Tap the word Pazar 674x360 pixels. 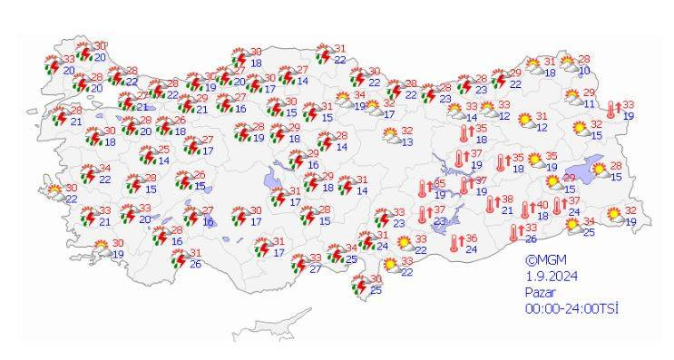(x=539, y=292)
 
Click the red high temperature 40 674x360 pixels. (x=542, y=205)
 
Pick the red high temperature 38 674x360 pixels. (x=507, y=199)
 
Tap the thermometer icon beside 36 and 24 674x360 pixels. (x=454, y=243)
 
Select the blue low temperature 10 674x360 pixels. (x=584, y=70)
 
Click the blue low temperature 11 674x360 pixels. (x=590, y=103)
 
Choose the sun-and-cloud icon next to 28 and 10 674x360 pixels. (x=567, y=63)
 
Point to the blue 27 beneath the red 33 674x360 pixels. (x=315, y=268)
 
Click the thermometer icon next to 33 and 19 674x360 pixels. (x=612, y=110)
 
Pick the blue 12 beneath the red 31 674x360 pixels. (x=542, y=127)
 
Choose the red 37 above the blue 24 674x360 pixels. (x=574, y=200)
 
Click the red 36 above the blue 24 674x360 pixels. (x=471, y=238)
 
